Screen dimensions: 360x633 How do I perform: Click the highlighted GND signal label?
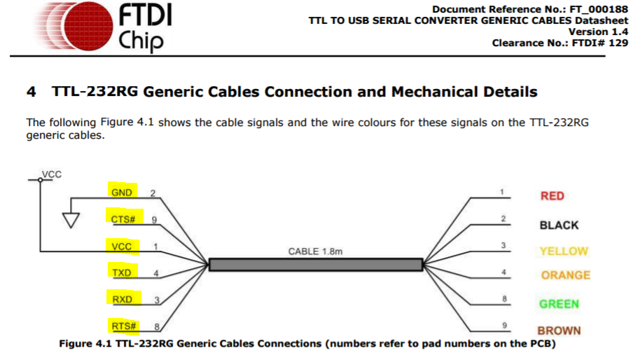(122, 193)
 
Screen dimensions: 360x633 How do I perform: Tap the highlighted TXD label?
(122, 272)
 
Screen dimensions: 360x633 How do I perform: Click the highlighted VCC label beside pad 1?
(122, 247)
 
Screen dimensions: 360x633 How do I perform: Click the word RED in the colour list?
(552, 196)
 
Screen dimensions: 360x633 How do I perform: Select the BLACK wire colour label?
(559, 225)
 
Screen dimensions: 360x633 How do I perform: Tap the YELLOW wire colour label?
(564, 251)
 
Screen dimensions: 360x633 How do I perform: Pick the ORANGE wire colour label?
(565, 275)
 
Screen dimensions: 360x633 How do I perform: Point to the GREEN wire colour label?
(559, 304)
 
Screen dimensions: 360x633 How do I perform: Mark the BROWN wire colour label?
(559, 331)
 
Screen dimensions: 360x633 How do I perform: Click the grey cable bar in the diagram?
(316, 265)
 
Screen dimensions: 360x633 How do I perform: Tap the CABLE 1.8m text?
(317, 251)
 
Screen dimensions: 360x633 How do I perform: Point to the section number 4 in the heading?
(31, 92)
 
